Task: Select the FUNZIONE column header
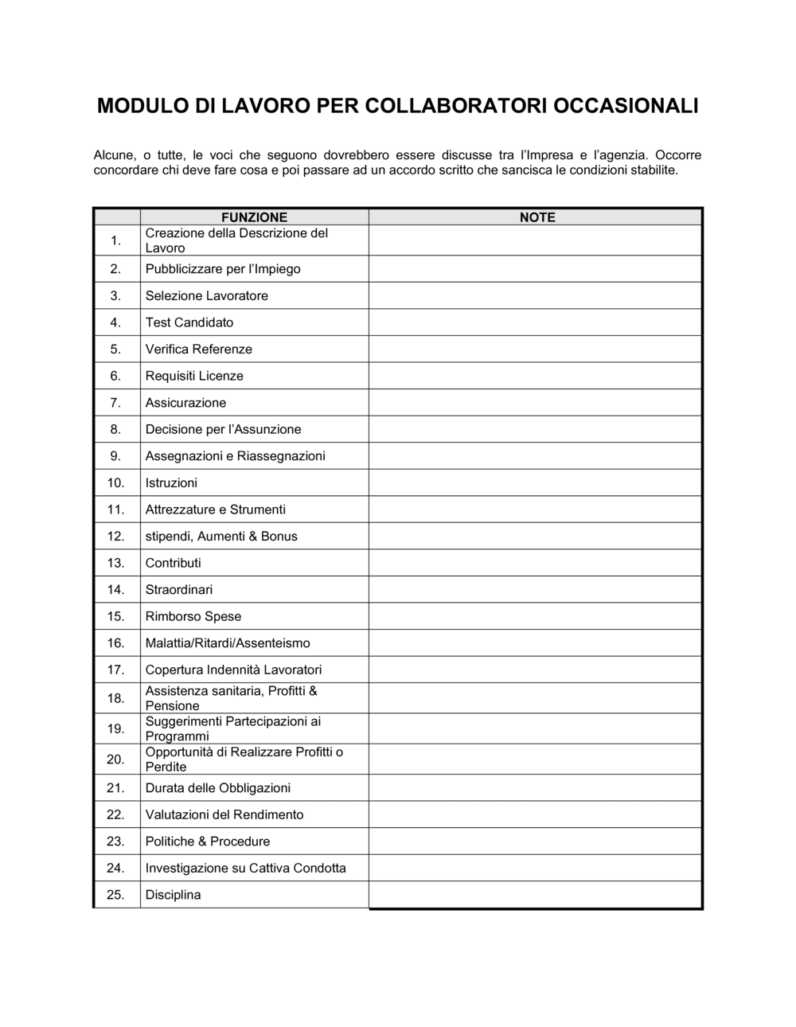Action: (x=254, y=217)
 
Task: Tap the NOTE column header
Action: (x=537, y=217)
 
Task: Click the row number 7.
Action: (x=116, y=403)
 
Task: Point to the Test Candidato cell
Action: (x=189, y=322)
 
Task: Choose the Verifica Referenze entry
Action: (x=198, y=349)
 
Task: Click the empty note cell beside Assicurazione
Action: (x=535, y=403)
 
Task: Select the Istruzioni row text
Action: (x=171, y=483)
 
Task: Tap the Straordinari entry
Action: (x=179, y=590)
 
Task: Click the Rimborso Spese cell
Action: (x=193, y=616)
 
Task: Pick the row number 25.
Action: (x=116, y=895)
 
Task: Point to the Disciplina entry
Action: (x=173, y=895)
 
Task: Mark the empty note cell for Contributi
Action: (x=535, y=563)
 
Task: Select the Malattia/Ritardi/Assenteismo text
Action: (x=228, y=643)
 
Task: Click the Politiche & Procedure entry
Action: (x=208, y=842)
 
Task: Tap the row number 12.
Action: (x=116, y=537)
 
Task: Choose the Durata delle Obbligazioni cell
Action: (x=218, y=788)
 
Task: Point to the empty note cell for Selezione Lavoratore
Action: (x=535, y=296)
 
